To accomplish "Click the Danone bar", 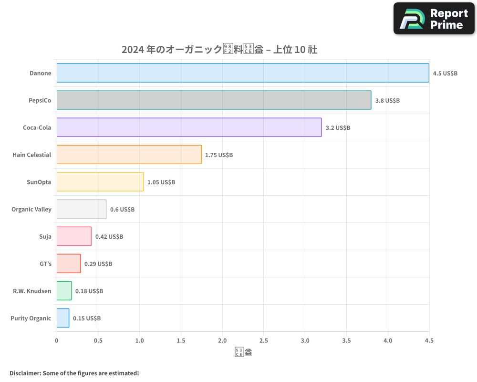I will pyautogui.click(x=243, y=73).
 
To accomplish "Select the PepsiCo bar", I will pyautogui.click(x=214, y=100).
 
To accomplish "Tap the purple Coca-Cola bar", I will pyautogui.click(x=189, y=127).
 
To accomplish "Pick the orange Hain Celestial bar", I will pyautogui.click(x=129, y=155).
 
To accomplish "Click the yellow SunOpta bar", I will pyautogui.click(x=100, y=182).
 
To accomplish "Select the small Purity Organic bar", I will pyautogui.click(x=63, y=318).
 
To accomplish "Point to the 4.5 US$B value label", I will pyautogui.click(x=445, y=74).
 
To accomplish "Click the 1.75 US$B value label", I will pyautogui.click(x=219, y=155).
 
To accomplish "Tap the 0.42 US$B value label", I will pyautogui.click(x=109, y=237).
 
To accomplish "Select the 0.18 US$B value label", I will pyautogui.click(x=89, y=291).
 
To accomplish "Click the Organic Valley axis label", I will pyautogui.click(x=31, y=209).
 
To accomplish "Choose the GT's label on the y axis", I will pyautogui.click(x=45, y=264).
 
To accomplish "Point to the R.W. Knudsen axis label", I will pyautogui.click(x=32, y=291).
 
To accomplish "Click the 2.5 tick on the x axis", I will pyautogui.click(x=264, y=340).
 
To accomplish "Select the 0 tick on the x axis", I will pyautogui.click(x=57, y=340).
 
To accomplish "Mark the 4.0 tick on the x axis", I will pyautogui.click(x=388, y=340).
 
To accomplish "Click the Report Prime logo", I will pyautogui.click(x=434, y=19).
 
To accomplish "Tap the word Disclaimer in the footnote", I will pyautogui.click(x=24, y=373).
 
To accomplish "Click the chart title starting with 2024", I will pyautogui.click(x=219, y=50).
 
